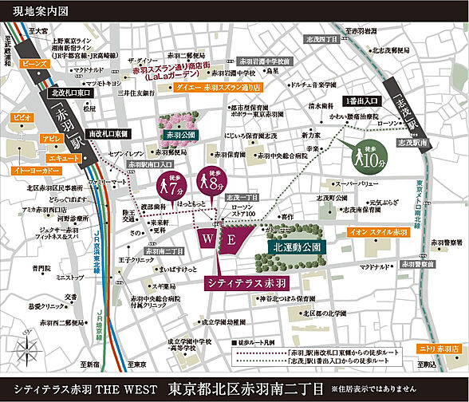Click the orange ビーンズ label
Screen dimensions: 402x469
[34, 61]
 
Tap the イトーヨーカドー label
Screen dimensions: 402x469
[33, 170]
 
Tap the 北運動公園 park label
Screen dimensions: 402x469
[295, 247]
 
